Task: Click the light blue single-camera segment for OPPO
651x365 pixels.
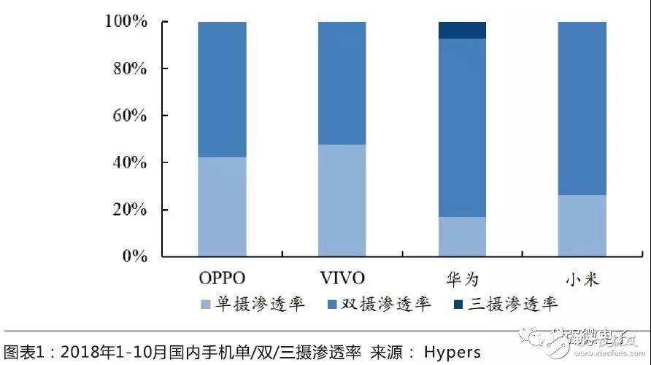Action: pos(222,207)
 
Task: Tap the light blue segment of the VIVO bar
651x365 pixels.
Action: pos(342,200)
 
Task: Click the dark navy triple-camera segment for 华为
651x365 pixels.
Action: pos(462,30)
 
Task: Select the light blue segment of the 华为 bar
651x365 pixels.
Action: pos(462,237)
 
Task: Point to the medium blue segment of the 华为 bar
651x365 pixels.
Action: pos(462,127)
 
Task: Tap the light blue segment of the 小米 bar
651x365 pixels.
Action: pos(582,226)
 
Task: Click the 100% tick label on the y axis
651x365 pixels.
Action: pos(126,22)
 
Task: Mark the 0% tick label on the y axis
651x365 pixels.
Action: pos(134,256)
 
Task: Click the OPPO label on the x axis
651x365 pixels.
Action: pos(222,278)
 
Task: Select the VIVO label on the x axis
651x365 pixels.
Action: pos(342,278)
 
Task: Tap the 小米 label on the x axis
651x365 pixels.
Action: pos(582,278)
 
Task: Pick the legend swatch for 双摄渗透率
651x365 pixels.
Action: pos(331,304)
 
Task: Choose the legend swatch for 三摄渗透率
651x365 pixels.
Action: pos(458,304)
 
